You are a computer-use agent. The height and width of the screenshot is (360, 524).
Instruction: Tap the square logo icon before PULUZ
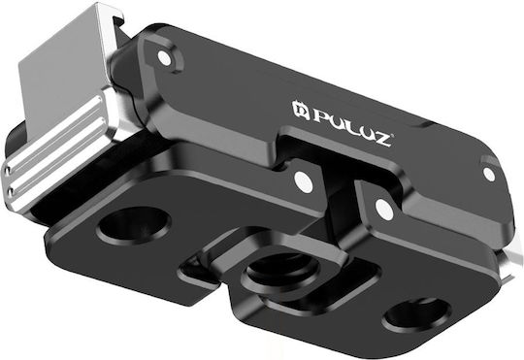300,109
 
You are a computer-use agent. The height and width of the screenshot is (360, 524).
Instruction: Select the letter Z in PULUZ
381,140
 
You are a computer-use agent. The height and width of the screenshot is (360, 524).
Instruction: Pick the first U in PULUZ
338,121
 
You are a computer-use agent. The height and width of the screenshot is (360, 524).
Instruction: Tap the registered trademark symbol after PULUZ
393,135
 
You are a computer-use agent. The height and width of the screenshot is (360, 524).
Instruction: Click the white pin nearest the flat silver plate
164,58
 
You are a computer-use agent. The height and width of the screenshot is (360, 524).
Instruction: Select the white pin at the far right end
489,174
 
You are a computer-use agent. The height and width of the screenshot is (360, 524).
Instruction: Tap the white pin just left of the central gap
304,182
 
